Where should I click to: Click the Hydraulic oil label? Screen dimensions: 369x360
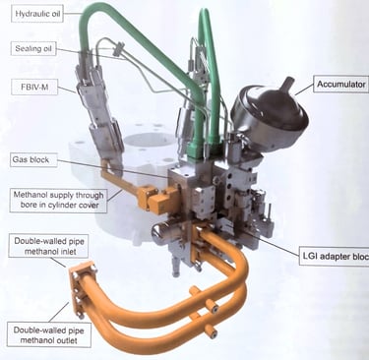click(x=37, y=14)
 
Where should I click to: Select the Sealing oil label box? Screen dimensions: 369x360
click(x=33, y=49)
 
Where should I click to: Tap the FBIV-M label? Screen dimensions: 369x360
click(x=34, y=88)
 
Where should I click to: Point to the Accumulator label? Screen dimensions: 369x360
click(x=341, y=85)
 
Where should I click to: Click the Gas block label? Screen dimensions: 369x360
click(x=33, y=159)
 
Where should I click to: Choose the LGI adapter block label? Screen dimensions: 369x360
click(x=335, y=256)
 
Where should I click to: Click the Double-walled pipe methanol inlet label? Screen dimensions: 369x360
click(x=48, y=246)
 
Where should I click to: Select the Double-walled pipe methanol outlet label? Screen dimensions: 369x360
click(x=49, y=334)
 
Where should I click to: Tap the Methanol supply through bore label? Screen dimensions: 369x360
click(x=58, y=200)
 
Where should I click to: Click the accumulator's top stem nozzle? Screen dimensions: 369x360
click(x=288, y=85)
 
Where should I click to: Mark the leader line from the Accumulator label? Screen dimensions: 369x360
click(x=304, y=90)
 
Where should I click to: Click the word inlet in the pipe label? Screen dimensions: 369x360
click(x=68, y=252)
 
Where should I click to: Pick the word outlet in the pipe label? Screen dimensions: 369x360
click(x=66, y=340)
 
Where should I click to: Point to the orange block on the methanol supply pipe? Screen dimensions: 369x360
click(x=156, y=199)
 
